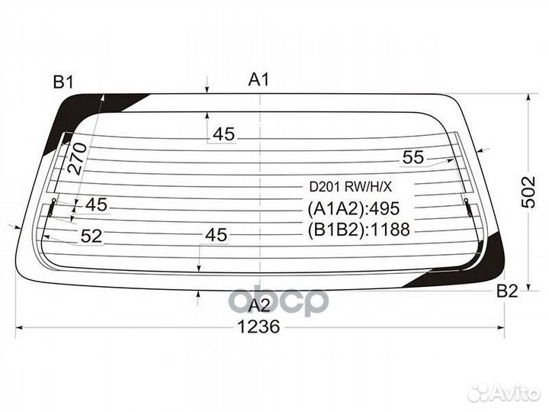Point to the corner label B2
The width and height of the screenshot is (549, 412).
click(x=507, y=291)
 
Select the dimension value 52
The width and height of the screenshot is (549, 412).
click(x=91, y=237)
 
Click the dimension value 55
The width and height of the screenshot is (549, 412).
click(x=413, y=158)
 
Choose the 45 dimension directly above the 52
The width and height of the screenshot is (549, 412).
click(x=95, y=204)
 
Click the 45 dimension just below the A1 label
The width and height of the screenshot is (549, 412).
click(x=223, y=134)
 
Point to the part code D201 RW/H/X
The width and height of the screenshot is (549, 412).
click(x=349, y=185)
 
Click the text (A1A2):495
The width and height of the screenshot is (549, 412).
click(x=354, y=209)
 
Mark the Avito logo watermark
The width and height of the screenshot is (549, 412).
click(x=504, y=393)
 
